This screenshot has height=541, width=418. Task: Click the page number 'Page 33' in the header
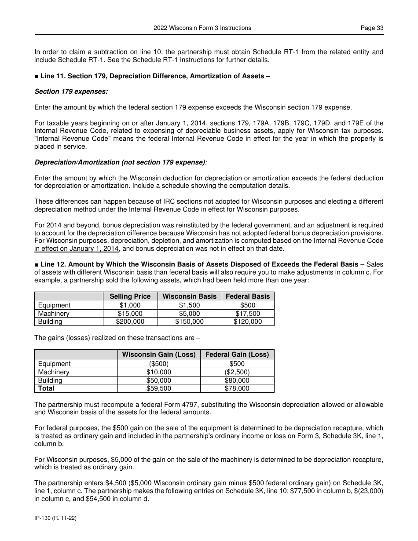pyautogui.click(x=372, y=28)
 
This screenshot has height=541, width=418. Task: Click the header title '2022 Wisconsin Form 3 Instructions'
pyautogui.click(x=202, y=28)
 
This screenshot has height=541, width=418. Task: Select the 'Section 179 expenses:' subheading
pyautogui.click(x=71, y=91)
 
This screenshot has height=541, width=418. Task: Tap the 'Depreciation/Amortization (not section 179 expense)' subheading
pyautogui.click(x=120, y=162)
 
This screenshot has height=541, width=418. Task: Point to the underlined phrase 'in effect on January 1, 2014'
pyautogui.click(x=77, y=249)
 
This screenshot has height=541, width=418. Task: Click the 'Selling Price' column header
pyautogui.click(x=130, y=296)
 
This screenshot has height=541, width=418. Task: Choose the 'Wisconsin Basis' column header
pyautogui.click(x=189, y=296)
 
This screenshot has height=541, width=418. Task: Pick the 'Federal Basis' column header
pyautogui.click(x=248, y=296)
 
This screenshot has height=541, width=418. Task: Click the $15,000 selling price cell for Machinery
pyautogui.click(x=130, y=314)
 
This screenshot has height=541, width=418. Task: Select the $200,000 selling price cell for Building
pyautogui.click(x=130, y=322)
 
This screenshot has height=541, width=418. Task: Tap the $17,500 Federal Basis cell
pyautogui.click(x=248, y=314)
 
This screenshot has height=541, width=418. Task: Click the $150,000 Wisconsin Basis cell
pyautogui.click(x=189, y=322)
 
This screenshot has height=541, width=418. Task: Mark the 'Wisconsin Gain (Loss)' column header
pyautogui.click(x=159, y=355)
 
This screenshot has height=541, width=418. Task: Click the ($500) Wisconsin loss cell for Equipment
pyautogui.click(x=159, y=364)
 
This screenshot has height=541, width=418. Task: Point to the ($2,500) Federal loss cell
pyautogui.click(x=237, y=372)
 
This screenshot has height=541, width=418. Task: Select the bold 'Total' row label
pyautogui.click(x=46, y=388)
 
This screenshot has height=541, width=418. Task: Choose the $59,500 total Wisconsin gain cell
pyautogui.click(x=159, y=388)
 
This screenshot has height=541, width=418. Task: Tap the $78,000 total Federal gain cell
pyautogui.click(x=237, y=388)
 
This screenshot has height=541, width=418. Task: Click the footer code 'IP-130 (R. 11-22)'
pyautogui.click(x=55, y=519)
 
